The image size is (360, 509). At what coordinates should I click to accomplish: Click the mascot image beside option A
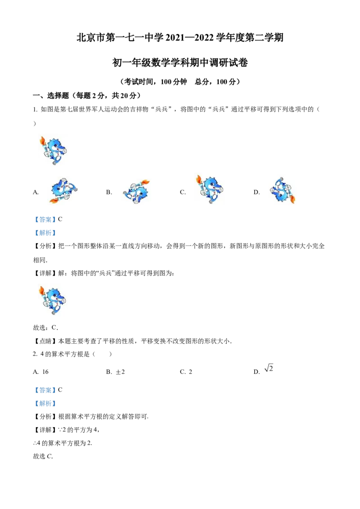point(64,190)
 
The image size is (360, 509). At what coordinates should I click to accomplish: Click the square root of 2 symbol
point(269,368)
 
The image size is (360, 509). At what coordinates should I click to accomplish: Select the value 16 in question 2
point(45,372)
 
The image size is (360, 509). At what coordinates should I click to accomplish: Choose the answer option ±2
point(120,372)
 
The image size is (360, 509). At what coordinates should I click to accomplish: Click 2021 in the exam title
point(175,38)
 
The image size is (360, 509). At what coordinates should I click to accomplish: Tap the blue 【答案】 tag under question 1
point(45,219)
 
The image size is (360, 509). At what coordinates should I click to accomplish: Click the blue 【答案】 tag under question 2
point(45,390)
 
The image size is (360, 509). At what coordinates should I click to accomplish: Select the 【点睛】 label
point(45,341)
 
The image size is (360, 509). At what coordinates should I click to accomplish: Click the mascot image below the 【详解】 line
point(52,300)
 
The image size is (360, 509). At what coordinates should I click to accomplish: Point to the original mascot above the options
point(53,151)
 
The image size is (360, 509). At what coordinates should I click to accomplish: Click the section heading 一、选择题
point(51,95)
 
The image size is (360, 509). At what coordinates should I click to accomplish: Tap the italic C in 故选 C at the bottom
point(49,456)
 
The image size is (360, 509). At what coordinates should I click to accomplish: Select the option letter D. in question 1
point(256,192)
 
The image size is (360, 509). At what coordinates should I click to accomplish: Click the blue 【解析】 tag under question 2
point(45,403)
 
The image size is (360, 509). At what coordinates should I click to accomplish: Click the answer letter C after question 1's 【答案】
point(60,219)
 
